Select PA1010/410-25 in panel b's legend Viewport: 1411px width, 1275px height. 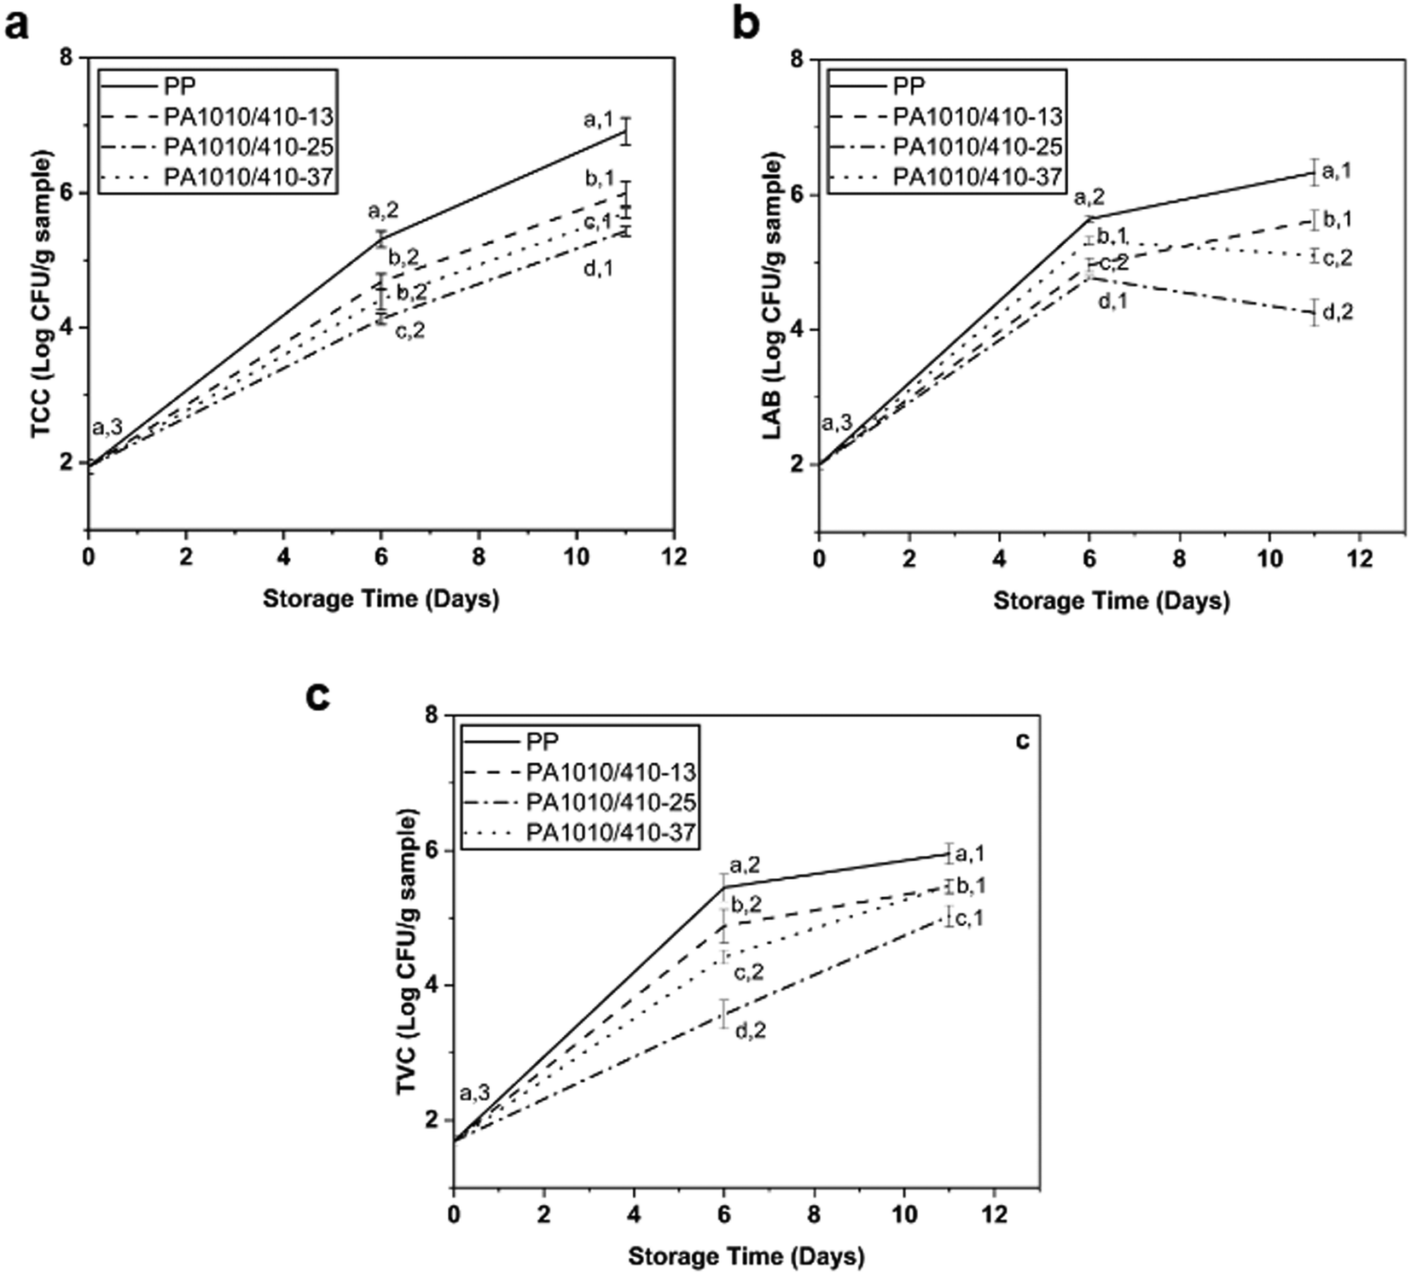(978, 147)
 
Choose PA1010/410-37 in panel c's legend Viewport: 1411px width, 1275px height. (611, 832)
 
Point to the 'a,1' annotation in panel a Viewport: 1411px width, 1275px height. (599, 120)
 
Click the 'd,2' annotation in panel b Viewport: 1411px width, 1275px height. (1337, 313)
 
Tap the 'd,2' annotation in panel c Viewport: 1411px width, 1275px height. (750, 1031)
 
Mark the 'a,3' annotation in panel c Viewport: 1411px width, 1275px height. (474, 1092)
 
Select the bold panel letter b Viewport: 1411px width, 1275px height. (746, 26)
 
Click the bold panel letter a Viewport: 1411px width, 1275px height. (17, 26)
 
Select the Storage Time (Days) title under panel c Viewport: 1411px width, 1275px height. (746, 1256)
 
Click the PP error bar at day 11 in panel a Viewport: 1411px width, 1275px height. (625, 131)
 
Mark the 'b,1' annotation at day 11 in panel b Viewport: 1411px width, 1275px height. (1337, 220)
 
